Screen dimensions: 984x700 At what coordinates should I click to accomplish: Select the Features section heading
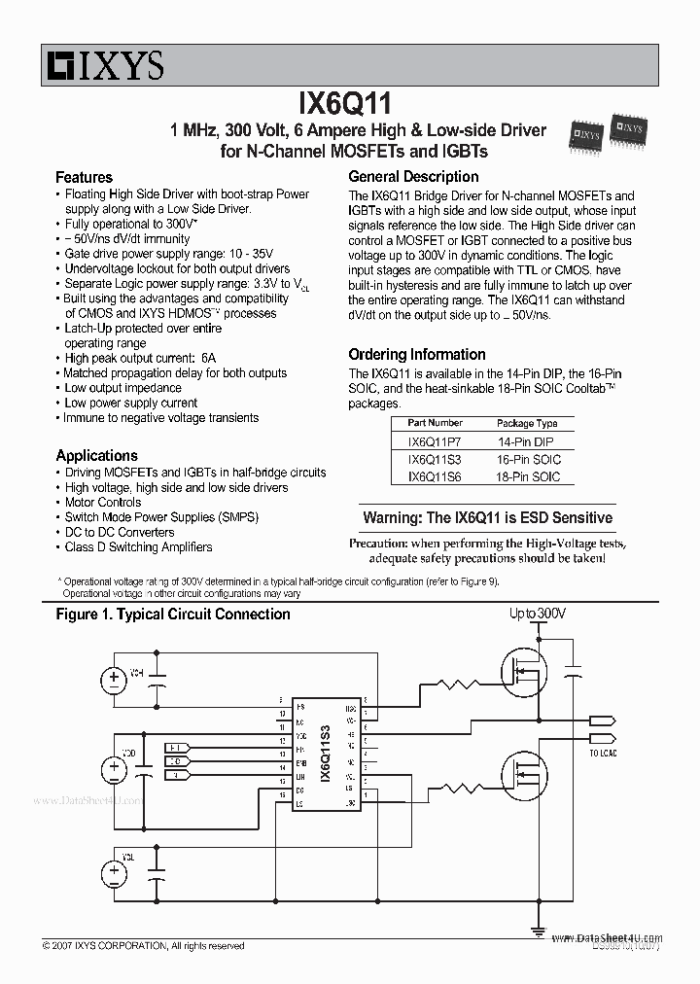(x=84, y=177)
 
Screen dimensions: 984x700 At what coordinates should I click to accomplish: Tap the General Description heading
(x=413, y=177)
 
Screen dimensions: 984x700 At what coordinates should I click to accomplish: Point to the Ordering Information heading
(x=416, y=355)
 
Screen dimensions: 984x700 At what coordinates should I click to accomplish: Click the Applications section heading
(x=96, y=455)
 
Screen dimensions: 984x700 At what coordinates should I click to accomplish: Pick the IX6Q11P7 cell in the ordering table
(x=435, y=440)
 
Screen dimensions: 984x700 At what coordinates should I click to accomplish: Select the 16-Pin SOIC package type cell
(x=528, y=459)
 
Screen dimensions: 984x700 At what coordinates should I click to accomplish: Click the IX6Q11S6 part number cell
(x=435, y=476)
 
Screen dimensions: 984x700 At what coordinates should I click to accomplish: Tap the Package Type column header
(x=528, y=423)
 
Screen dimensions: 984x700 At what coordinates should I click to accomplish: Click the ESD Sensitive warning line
(x=487, y=518)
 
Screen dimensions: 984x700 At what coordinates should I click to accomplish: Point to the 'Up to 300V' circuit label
(x=538, y=615)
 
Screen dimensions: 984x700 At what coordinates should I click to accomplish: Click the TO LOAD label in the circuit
(x=603, y=754)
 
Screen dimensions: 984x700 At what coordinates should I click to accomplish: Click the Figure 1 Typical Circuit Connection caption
(x=173, y=615)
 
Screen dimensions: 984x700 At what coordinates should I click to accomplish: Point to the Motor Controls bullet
(x=103, y=503)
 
